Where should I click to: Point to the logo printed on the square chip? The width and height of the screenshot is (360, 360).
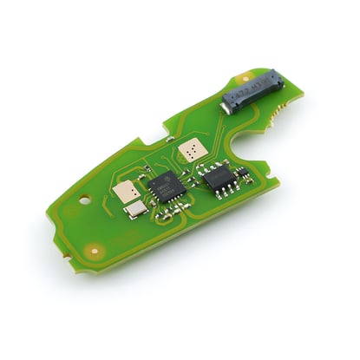pyautogui.click(x=156, y=184)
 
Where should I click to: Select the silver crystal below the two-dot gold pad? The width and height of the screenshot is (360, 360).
pyautogui.click(x=134, y=211)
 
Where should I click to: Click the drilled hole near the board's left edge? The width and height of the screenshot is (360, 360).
pyautogui.click(x=84, y=199)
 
